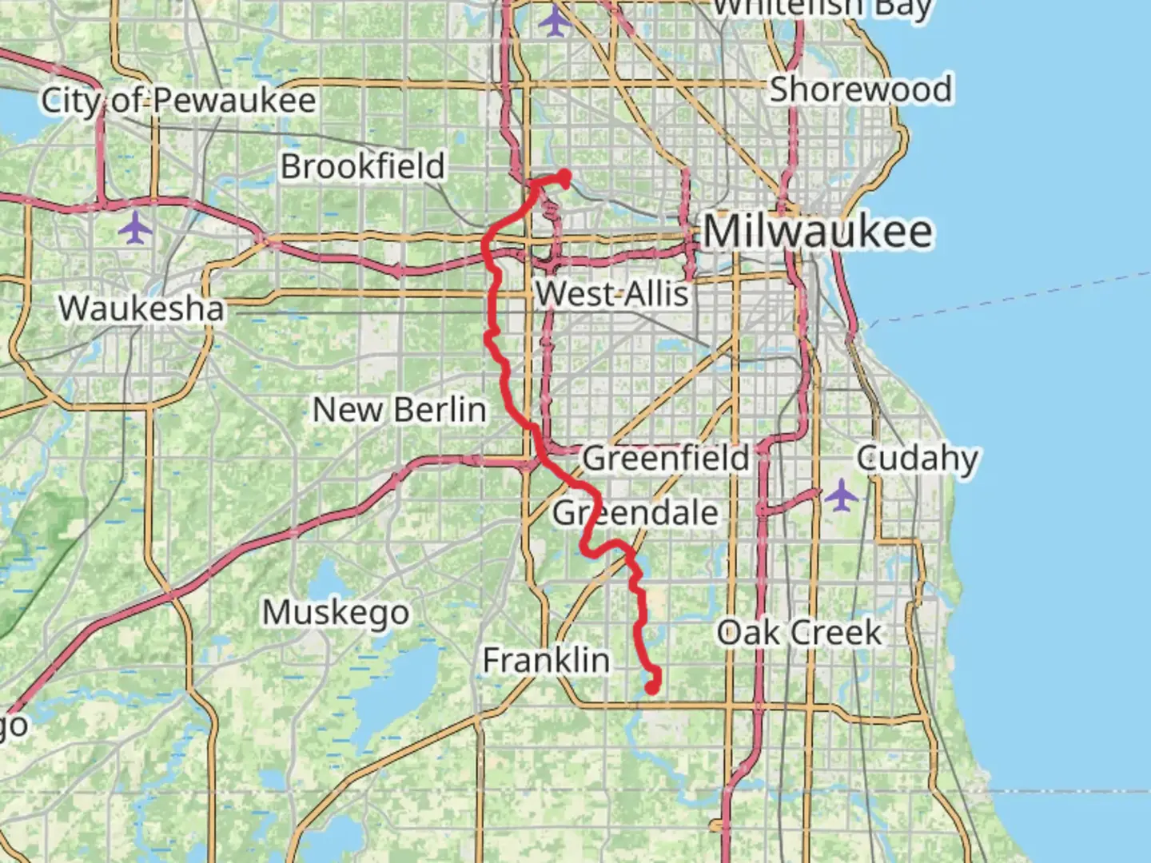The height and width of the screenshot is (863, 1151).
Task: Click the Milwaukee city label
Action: coord(817,232)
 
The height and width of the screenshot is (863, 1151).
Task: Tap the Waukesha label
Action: coord(141,308)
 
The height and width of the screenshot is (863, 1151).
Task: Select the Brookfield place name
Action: coord(362,166)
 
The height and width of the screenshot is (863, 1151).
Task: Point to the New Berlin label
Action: coord(399,410)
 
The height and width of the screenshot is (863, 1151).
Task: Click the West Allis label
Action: coord(612,294)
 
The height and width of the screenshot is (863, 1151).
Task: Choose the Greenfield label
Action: coord(665,459)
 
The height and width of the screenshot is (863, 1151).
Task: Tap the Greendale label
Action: coord(635,512)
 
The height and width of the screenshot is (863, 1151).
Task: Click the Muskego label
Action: coord(336,613)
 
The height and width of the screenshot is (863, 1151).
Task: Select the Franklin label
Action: coord(546,661)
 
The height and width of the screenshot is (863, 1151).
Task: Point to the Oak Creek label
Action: coord(799,633)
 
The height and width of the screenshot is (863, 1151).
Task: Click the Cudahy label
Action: coord(917,459)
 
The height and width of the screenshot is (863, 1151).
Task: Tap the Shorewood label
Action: coord(860,89)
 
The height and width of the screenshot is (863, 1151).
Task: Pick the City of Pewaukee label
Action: coord(178,101)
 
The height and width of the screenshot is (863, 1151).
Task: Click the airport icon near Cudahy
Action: coord(841,495)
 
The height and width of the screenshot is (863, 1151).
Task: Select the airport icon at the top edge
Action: coord(553,20)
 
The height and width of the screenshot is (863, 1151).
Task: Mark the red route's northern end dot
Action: coord(565,176)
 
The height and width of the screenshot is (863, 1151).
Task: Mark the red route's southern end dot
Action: coord(652,687)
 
